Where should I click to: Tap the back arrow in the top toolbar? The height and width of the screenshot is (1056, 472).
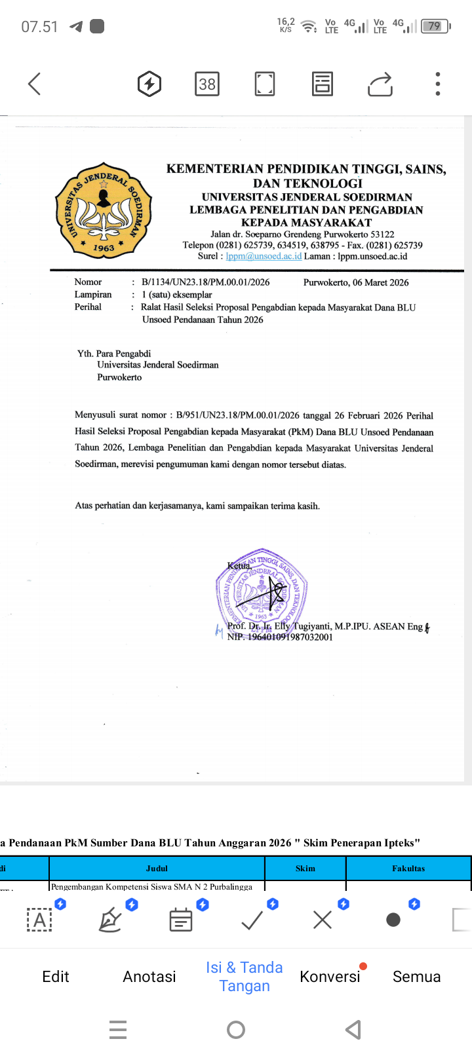pyautogui.click(x=35, y=84)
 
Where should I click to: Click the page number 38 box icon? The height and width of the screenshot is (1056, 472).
pyautogui.click(x=207, y=84)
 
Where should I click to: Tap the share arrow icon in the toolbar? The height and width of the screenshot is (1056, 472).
pyautogui.click(x=380, y=85)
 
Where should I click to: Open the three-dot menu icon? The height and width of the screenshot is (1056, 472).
pyautogui.click(x=438, y=84)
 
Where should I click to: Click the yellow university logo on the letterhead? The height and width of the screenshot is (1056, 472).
pyautogui.click(x=104, y=210)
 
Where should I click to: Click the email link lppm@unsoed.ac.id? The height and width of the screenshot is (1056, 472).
pyautogui.click(x=264, y=256)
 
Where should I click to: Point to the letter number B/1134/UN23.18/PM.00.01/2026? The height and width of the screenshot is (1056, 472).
pyautogui.click(x=205, y=282)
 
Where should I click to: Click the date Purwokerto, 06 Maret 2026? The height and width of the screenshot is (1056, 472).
pyautogui.click(x=356, y=282)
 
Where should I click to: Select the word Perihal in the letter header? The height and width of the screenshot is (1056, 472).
pyautogui.click(x=88, y=307)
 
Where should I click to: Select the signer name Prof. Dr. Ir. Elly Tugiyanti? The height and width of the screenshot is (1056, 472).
pyautogui.click(x=279, y=626)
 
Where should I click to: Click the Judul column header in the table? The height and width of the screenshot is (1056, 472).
pyautogui.click(x=157, y=868)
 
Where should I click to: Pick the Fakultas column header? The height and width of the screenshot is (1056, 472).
pyautogui.click(x=408, y=868)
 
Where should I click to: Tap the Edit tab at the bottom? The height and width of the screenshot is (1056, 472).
pyautogui.click(x=56, y=976)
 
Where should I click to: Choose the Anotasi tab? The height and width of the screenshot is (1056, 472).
pyautogui.click(x=149, y=976)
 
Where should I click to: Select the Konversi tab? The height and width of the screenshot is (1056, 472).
pyautogui.click(x=330, y=976)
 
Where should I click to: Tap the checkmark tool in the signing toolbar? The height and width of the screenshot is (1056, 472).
pyautogui.click(x=252, y=920)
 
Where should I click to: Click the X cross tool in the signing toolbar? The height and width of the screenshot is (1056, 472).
pyautogui.click(x=323, y=920)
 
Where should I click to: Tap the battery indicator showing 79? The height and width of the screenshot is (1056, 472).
pyautogui.click(x=435, y=27)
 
